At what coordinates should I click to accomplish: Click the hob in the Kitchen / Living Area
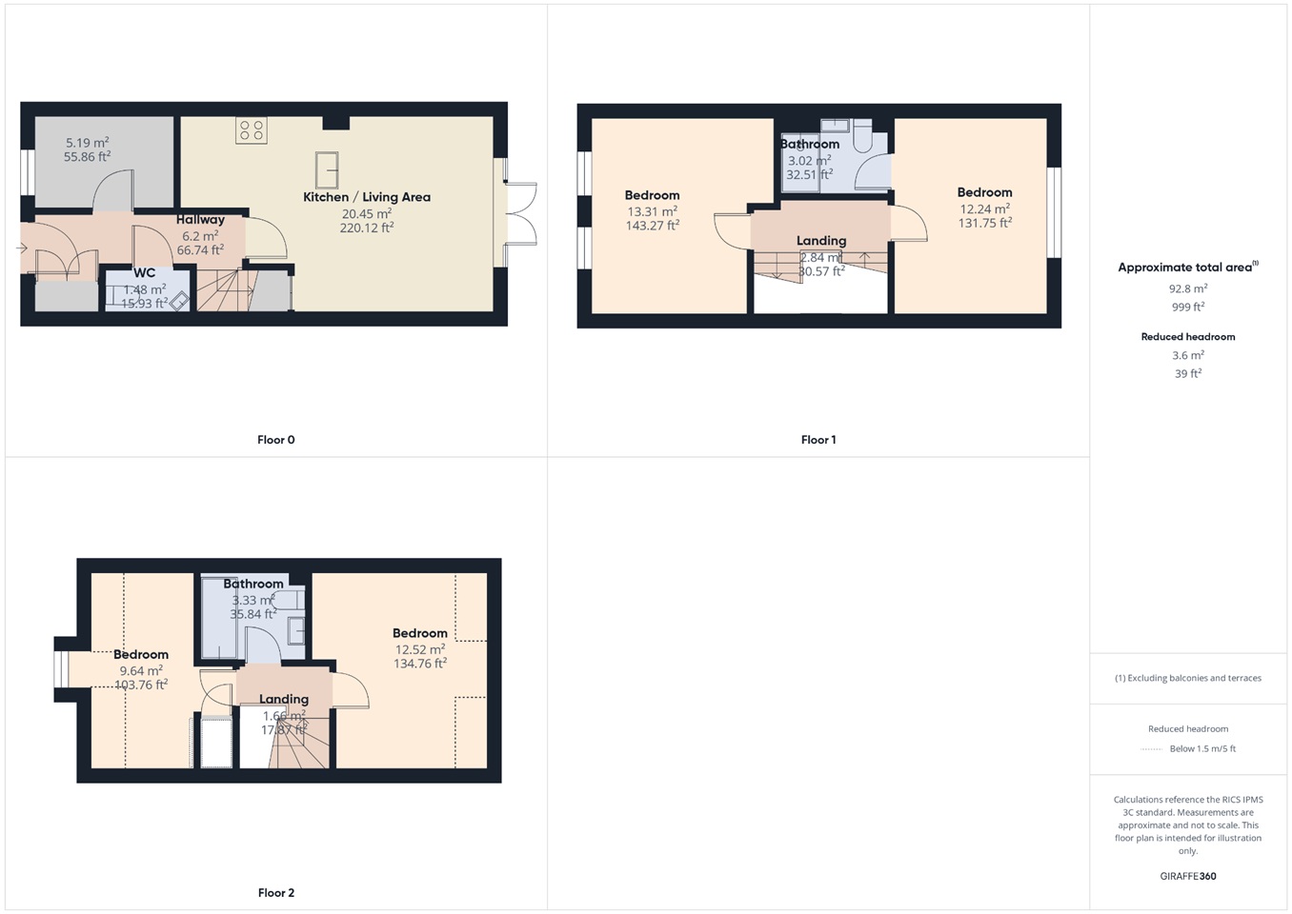coord(252,130)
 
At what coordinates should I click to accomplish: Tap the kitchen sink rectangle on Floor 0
coord(327,170)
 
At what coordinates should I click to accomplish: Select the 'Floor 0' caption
coord(276,440)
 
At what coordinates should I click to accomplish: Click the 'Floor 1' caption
coord(818,440)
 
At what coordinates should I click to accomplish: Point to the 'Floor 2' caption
coord(276,893)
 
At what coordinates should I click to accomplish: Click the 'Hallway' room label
coord(200,220)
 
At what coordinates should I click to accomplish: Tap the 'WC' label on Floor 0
coord(145,273)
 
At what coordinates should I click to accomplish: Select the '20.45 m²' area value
coord(367,214)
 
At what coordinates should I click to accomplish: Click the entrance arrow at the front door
coord(22,248)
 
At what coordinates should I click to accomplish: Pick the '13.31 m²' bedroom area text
coord(652,211)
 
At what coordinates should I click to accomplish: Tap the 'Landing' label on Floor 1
coord(821,241)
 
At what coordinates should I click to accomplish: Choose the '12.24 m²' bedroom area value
coord(984,209)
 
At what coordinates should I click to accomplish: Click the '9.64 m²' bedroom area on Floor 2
coord(141,670)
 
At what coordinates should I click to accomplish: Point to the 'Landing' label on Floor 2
coord(284,699)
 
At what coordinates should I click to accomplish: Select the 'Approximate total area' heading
coord(1185,268)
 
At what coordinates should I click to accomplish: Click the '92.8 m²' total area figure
coord(1188,288)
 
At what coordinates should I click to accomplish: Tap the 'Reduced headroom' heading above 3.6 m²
coord(1188,337)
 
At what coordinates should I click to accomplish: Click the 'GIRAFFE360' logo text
coord(1188,876)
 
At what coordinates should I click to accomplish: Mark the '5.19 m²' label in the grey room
coord(87,143)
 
